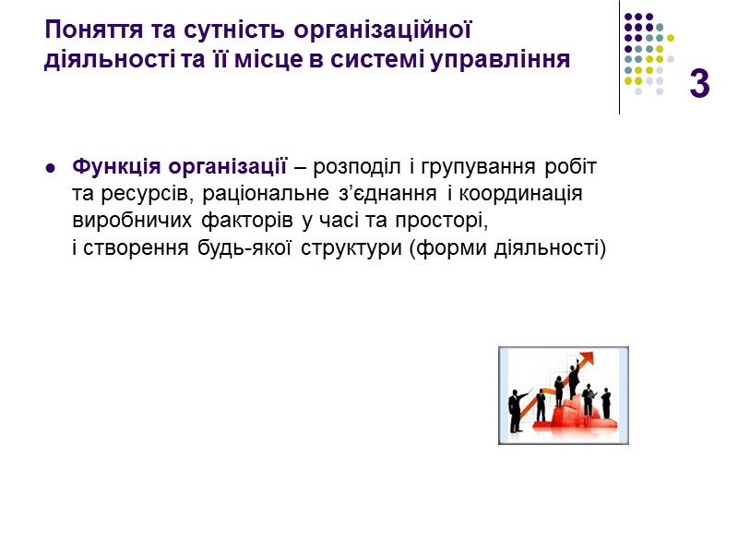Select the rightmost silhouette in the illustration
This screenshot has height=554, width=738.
click(x=607, y=400)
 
